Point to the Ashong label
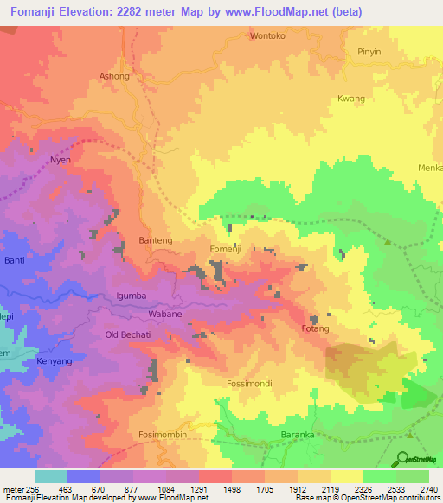coord(114,76)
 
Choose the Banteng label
coord(156,239)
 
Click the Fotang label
coord(316,329)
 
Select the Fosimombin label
coord(163,434)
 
